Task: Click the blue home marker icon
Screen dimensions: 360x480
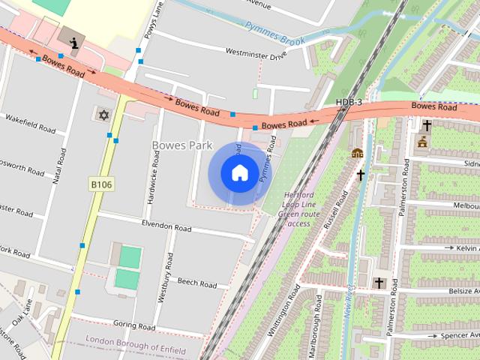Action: click(239, 173)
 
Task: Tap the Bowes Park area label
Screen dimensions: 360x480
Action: click(182, 145)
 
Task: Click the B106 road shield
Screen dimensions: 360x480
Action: click(101, 184)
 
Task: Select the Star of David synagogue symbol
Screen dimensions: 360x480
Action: click(103, 115)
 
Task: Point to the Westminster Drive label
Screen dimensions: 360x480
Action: click(256, 54)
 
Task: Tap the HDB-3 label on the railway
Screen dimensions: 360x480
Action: click(349, 102)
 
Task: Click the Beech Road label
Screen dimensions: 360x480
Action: click(197, 283)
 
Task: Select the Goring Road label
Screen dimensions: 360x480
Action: click(133, 325)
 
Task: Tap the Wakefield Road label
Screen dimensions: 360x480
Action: click(30, 124)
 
